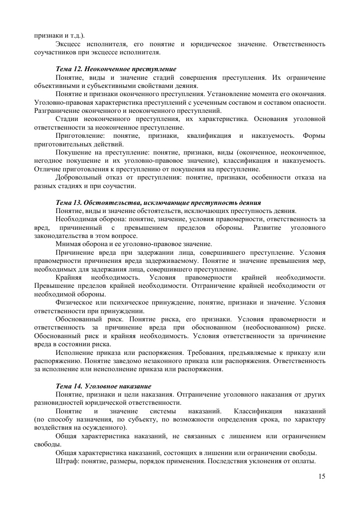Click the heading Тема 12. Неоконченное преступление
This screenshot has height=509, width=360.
116,69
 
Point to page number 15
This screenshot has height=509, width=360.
322,476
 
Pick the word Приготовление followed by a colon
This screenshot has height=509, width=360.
79,136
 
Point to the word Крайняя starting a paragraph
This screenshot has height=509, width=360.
68,277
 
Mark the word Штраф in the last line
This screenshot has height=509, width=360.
66,461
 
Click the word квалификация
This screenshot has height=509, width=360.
213,136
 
